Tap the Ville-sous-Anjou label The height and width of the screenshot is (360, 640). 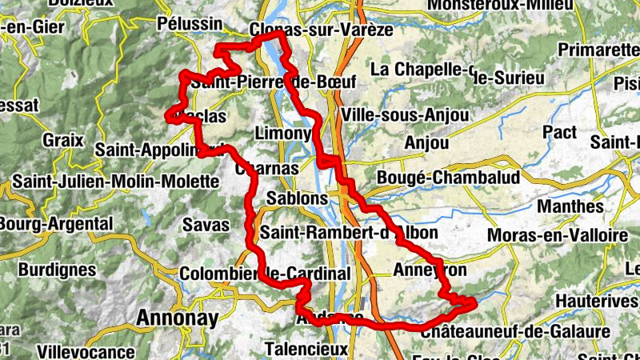click(404, 115)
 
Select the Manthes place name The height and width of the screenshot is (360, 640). click(570, 206)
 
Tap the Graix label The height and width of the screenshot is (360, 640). click(63, 140)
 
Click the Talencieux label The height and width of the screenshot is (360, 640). click(306, 350)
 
